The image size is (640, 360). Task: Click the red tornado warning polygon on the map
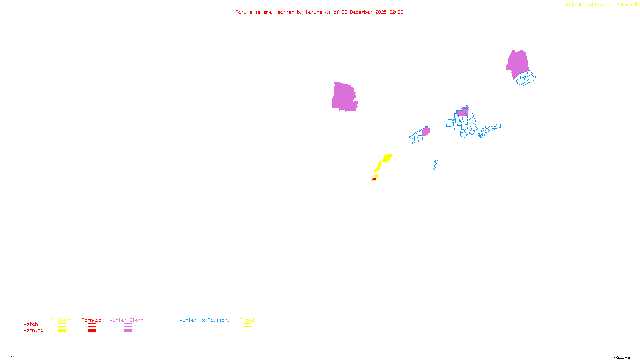[x=374, y=179]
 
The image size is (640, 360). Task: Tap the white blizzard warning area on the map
[x=359, y=96]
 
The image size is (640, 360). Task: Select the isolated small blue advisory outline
[x=435, y=165]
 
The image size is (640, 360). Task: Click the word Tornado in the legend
[x=92, y=320]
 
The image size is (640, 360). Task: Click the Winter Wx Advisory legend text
[x=205, y=320]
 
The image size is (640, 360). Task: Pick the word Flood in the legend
[x=247, y=320]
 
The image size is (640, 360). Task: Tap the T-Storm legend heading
[x=62, y=320]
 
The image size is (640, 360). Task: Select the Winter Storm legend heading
[x=126, y=320]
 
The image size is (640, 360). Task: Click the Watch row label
[x=31, y=324]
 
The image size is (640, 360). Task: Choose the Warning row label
[x=34, y=330]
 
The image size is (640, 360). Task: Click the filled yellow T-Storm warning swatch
[x=62, y=331]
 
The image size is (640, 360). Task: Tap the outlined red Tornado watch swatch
[x=92, y=325]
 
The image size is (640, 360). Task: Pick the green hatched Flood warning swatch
[x=247, y=331]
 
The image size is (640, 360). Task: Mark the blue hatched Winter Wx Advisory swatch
[x=204, y=331]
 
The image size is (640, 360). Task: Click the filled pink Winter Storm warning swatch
[x=128, y=331]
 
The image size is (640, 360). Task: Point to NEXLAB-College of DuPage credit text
[x=600, y=4]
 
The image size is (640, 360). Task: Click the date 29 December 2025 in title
[x=364, y=12]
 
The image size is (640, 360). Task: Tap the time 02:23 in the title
[x=396, y=12]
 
